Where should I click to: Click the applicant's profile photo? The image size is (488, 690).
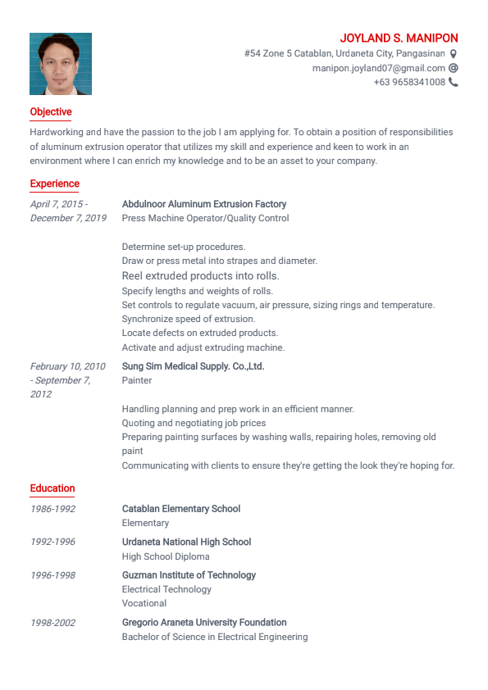(61, 64)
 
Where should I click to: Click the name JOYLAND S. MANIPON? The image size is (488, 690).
(399, 39)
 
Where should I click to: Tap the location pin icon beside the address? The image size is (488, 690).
(454, 54)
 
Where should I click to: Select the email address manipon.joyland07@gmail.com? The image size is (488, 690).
(378, 68)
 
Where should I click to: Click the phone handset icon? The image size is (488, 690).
(454, 82)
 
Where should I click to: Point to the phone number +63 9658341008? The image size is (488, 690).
(409, 82)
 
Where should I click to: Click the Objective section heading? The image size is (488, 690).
(51, 112)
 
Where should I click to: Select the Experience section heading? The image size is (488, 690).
(55, 184)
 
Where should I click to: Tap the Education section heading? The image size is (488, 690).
(52, 489)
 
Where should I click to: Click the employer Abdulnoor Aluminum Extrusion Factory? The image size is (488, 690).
(204, 204)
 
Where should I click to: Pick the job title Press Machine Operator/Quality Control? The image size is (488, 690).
(205, 218)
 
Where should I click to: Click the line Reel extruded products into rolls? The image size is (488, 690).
(201, 276)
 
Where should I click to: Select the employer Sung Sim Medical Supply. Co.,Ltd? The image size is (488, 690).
(193, 366)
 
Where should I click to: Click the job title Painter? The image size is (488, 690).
(137, 380)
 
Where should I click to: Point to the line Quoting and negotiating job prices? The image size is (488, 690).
(194, 423)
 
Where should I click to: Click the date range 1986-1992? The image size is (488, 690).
(52, 509)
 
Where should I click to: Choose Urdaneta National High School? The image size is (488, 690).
(186, 542)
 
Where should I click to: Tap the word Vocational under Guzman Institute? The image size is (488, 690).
(144, 603)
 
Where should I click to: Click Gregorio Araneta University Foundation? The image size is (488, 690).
(204, 623)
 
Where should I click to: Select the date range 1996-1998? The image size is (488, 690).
(52, 575)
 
